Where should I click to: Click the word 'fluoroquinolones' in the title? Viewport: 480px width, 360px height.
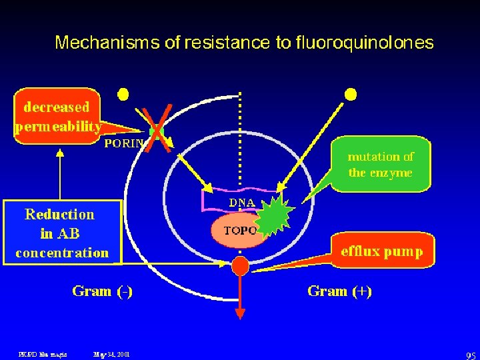click(364, 43)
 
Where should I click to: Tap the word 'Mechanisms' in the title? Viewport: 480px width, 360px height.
click(107, 43)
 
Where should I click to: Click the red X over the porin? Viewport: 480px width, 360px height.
click(159, 128)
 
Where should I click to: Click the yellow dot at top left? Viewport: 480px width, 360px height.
click(123, 94)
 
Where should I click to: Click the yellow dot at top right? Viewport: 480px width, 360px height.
click(349, 94)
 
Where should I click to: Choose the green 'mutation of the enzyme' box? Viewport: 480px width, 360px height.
click(380, 165)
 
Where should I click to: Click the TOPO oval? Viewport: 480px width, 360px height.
click(239, 231)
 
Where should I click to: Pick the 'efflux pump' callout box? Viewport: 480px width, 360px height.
click(382, 251)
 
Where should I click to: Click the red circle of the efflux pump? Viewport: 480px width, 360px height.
click(240, 266)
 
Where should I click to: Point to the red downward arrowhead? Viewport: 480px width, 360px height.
click(240, 313)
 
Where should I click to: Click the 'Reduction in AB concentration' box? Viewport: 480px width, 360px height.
click(62, 233)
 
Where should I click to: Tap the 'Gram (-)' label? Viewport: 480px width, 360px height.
click(102, 291)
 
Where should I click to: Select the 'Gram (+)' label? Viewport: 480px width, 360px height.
click(339, 291)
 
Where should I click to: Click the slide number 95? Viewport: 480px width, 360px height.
click(471, 355)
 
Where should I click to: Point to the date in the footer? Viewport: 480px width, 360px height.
click(112, 354)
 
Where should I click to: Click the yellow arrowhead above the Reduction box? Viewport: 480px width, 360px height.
click(60, 151)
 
